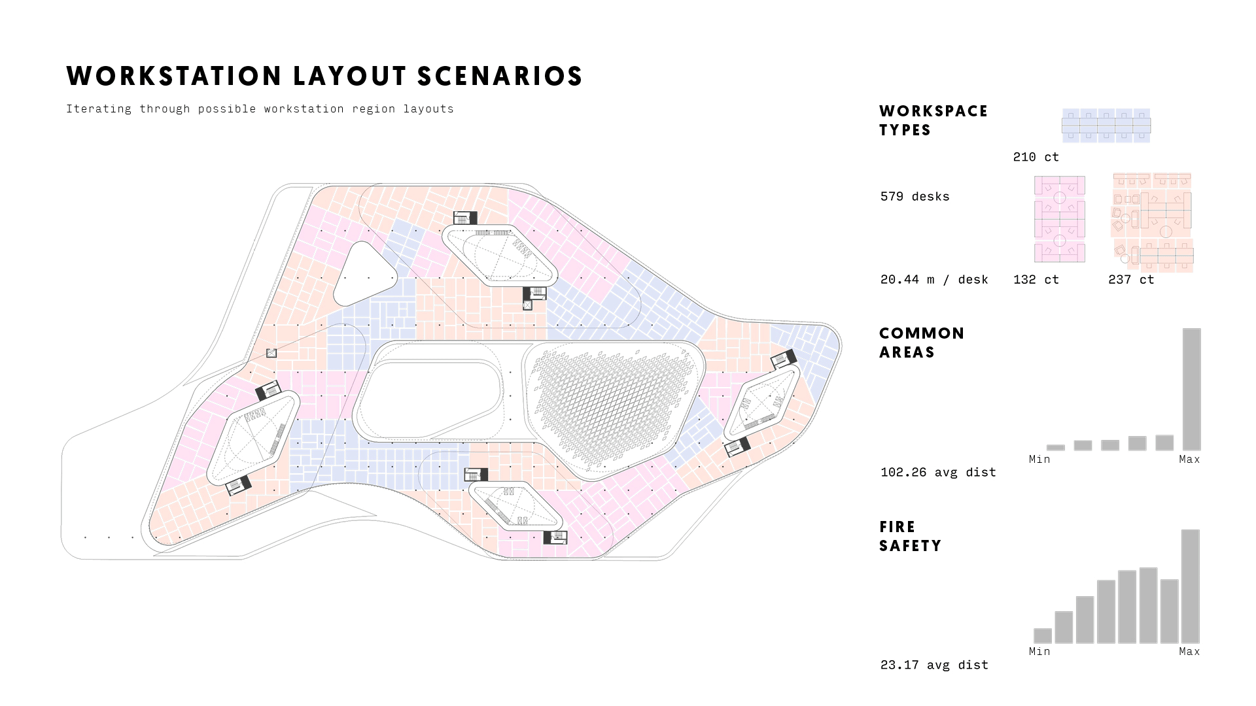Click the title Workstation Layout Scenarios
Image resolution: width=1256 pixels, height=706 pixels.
click(324, 76)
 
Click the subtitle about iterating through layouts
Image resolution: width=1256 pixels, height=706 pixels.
click(260, 109)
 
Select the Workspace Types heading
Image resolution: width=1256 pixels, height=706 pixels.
click(933, 120)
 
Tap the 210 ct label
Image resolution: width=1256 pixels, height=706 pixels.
click(1036, 157)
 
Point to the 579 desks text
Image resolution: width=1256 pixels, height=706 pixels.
click(915, 196)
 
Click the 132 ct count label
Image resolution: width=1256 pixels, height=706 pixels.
click(1036, 279)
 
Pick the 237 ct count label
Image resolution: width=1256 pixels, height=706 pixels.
click(1131, 279)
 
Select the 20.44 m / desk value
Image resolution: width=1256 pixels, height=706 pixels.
click(934, 279)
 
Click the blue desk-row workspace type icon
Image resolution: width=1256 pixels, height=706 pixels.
click(1106, 126)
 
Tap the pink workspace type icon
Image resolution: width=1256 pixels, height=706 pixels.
click(1060, 219)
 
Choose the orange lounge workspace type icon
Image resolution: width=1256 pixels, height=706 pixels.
click(1152, 222)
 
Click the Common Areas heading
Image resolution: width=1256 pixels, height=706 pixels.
click(922, 343)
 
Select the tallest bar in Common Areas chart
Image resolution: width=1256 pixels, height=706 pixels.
click(1192, 389)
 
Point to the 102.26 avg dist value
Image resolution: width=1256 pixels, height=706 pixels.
click(938, 472)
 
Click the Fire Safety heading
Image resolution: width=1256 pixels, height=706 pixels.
click(910, 536)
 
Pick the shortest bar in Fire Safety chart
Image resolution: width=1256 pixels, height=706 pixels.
click(1043, 635)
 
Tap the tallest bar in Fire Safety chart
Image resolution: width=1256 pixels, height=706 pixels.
click(1191, 586)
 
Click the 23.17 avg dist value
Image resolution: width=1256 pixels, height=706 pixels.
click(934, 665)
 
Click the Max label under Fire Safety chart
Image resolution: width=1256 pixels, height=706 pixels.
click(1189, 651)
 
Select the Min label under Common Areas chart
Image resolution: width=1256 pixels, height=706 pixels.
click(1039, 459)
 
